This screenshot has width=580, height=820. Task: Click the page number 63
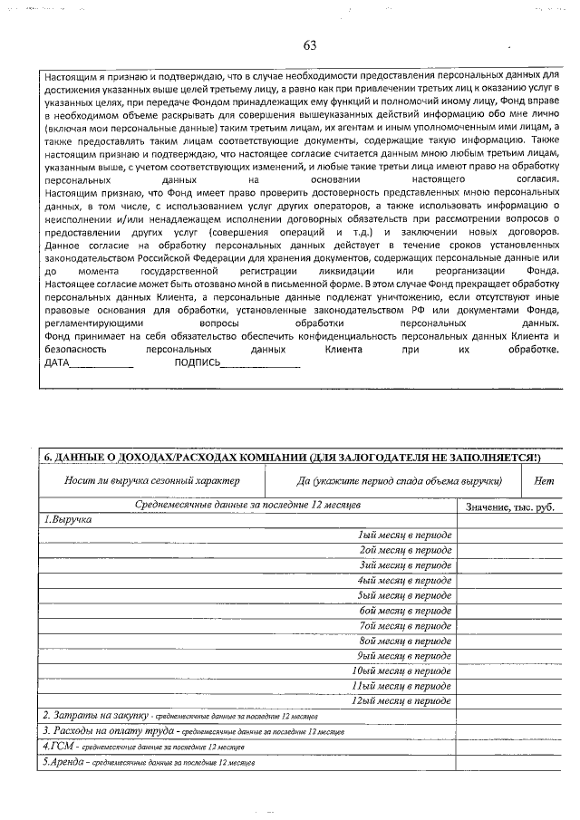click(310, 45)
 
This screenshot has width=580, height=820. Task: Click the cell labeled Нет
click(545, 481)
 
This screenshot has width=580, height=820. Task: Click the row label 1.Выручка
click(68, 520)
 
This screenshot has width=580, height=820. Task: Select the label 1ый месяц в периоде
click(404, 535)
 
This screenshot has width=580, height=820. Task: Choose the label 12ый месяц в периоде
click(401, 700)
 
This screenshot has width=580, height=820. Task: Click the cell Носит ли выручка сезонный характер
click(152, 481)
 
